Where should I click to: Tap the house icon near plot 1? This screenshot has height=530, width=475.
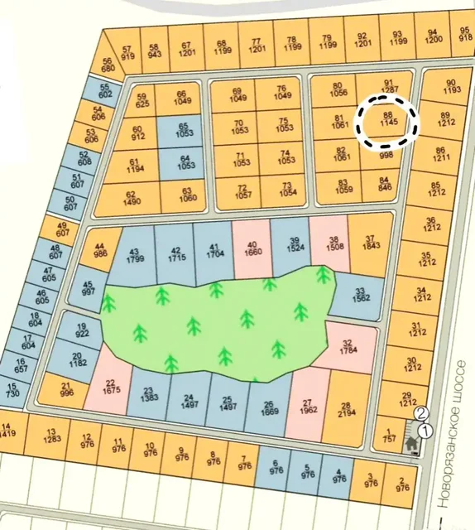pos(410,444)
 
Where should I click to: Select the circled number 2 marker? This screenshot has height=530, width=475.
pos(420,413)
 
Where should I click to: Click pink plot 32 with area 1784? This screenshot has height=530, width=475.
pos(348,346)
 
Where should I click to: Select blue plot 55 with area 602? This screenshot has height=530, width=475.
pos(104,90)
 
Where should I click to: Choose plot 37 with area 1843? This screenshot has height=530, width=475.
pos(368,246)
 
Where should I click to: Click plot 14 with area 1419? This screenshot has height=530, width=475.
pos(9,429)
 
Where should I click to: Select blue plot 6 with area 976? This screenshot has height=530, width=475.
pos(276,470)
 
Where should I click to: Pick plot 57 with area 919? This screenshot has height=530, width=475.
pos(127,53)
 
